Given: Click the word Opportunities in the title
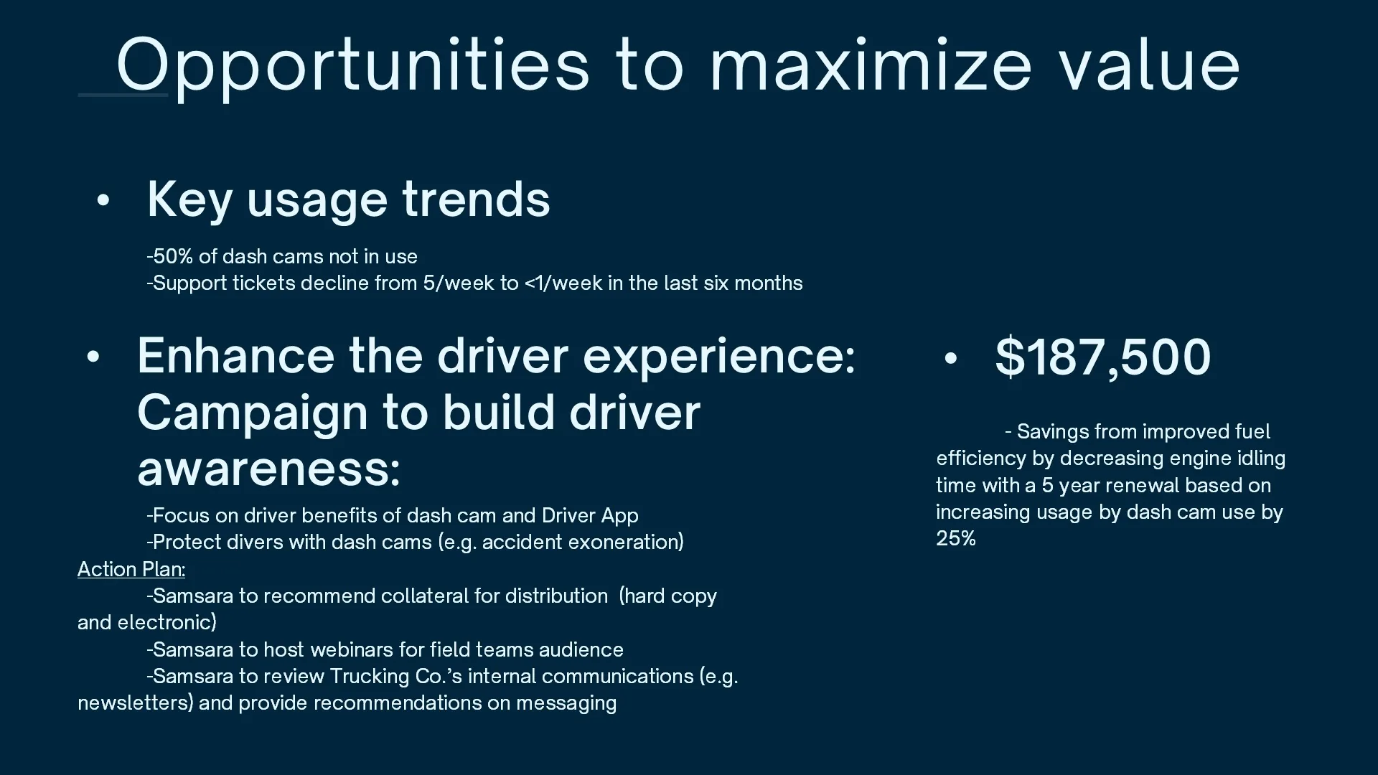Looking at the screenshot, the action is click(x=353, y=66).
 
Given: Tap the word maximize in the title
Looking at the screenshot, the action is click(x=871, y=66).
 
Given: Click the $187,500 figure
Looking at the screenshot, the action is click(x=1103, y=357).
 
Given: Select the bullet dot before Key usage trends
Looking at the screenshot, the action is click(x=103, y=200).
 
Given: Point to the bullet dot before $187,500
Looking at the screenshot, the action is click(x=951, y=358).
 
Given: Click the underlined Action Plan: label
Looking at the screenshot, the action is click(x=131, y=569).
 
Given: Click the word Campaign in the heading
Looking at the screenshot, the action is click(x=253, y=414).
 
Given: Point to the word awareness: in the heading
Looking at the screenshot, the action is click(x=268, y=469).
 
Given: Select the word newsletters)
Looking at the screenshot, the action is click(x=136, y=703).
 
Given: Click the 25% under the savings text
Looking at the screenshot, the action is click(x=956, y=538).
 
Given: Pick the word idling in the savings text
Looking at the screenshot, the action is click(x=1261, y=458).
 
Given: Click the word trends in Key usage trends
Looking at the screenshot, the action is click(x=476, y=199).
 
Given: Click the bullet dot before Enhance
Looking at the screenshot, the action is click(x=93, y=357).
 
